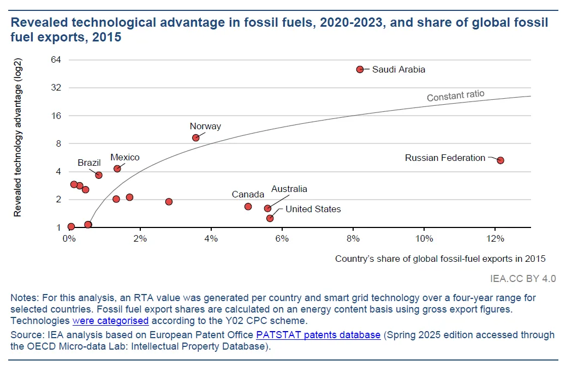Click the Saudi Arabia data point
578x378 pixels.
click(360, 69)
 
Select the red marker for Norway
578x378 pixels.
click(195, 137)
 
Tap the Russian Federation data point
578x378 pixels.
click(500, 160)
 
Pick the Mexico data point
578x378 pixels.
click(117, 169)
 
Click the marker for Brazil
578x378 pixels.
click(99, 175)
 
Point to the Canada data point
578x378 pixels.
click(248, 206)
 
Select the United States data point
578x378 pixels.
click(270, 218)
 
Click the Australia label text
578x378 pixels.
click(289, 189)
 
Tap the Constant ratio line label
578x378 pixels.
click(455, 96)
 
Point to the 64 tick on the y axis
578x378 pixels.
click(56, 59)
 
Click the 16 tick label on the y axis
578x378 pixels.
click(56, 116)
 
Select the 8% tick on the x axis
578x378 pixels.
click(353, 238)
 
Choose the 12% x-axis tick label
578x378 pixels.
click(494, 238)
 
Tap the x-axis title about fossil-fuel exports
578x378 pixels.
click(440, 259)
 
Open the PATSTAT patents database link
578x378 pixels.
click(318, 335)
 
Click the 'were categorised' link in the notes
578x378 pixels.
click(110, 320)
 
